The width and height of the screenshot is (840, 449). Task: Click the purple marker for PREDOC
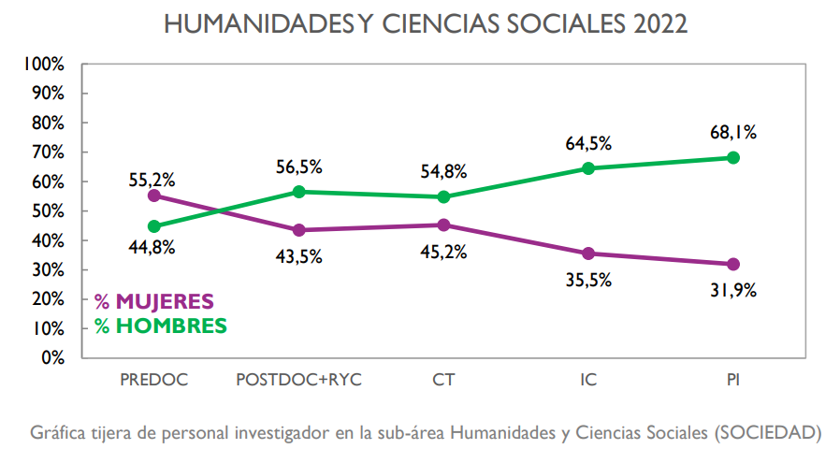[154, 196]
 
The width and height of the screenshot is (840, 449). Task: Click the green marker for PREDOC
[154, 226]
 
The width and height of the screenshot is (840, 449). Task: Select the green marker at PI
[733, 158]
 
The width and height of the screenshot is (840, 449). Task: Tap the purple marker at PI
[733, 264]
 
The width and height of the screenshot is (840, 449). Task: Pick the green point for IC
[588, 168]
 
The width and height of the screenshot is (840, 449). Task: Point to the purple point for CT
[443, 224]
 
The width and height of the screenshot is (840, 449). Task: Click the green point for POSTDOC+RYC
[299, 192]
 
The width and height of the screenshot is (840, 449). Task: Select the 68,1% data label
[733, 132]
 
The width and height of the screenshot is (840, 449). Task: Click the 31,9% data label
[733, 289]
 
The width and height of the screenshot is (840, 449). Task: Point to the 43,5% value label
[299, 256]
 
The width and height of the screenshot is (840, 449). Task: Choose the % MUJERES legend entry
[154, 302]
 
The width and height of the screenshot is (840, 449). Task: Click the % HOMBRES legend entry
[160, 326]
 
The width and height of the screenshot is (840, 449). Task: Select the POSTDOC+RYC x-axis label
[299, 380]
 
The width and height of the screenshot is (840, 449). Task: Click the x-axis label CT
[443, 380]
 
